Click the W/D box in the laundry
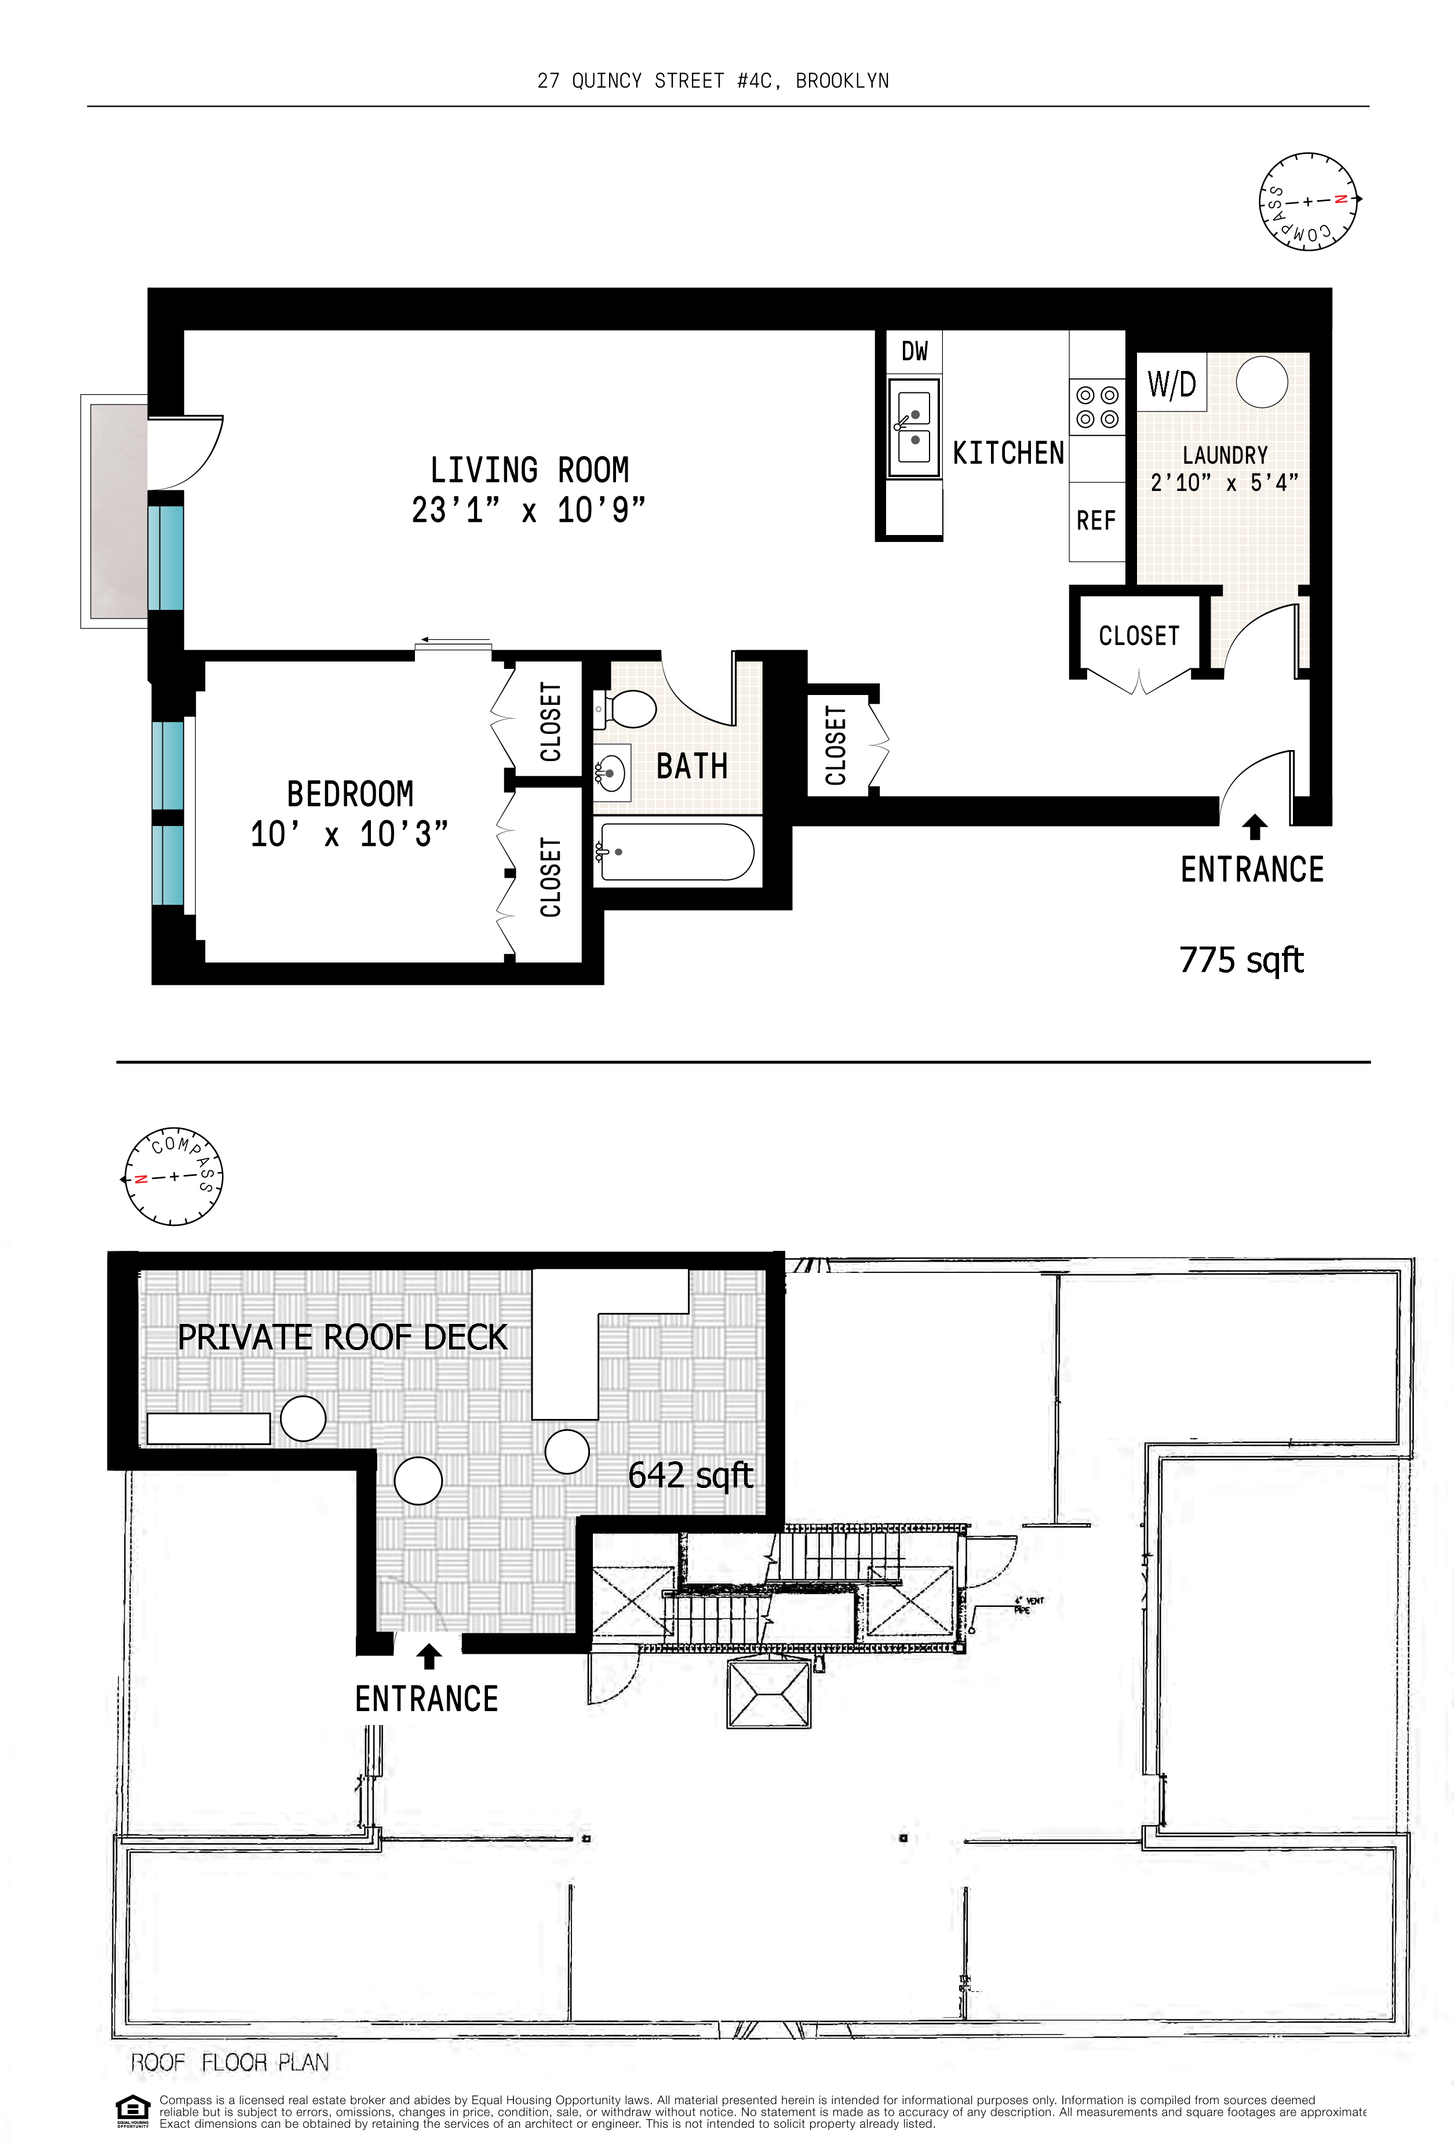1171,383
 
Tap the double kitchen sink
913,428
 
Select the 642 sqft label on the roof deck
690,1475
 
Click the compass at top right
1308,201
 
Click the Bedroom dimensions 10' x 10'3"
349,834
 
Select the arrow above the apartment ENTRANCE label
1253,826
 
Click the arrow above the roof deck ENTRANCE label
428,1657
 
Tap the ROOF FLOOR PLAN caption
229,2062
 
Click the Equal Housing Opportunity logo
132,2110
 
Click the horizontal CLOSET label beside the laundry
1138,636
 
